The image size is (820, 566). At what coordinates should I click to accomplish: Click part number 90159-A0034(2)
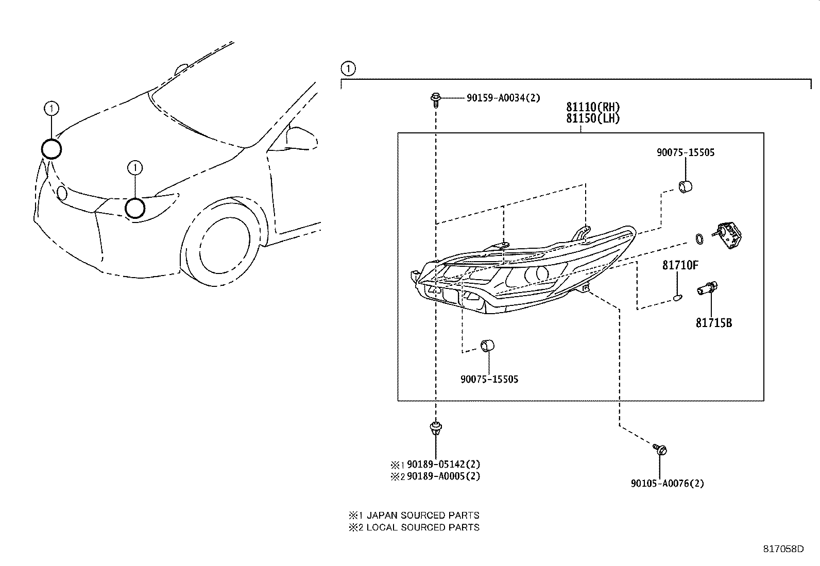click(503, 98)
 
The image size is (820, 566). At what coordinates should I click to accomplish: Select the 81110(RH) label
click(593, 107)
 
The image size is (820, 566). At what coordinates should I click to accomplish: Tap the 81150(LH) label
click(593, 118)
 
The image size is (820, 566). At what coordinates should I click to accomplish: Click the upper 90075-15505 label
click(685, 152)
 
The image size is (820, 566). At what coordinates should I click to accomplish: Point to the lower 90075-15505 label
click(489, 380)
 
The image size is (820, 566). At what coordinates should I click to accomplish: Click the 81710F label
click(680, 265)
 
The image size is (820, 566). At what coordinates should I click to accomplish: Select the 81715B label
click(713, 323)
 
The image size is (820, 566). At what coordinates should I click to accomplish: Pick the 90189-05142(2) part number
click(443, 464)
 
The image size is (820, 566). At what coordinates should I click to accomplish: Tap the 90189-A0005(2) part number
click(443, 476)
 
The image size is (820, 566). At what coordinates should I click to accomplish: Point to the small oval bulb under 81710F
click(678, 297)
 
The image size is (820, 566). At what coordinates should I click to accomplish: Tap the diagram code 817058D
click(783, 549)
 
